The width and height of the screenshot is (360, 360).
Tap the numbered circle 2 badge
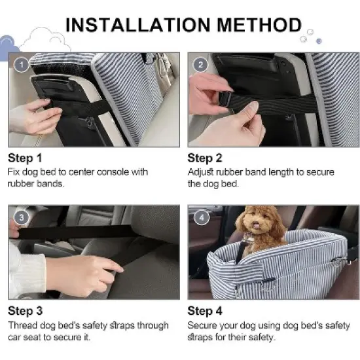(x=200, y=65)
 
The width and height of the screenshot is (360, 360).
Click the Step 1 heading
(x=25, y=158)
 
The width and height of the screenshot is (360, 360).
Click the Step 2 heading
(x=205, y=158)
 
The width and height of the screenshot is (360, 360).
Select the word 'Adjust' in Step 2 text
(x=200, y=172)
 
